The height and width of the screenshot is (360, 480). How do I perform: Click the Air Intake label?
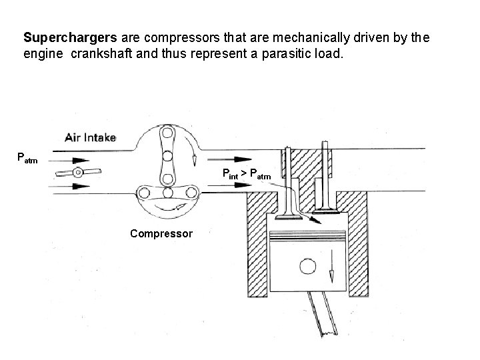pos(90,138)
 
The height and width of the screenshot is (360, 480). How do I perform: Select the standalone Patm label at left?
pos(27,159)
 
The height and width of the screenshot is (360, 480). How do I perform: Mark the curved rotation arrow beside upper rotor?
pos(191,150)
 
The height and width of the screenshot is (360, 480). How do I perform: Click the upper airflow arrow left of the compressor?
pos(73,160)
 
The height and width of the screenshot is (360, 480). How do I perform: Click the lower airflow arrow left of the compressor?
pos(73,186)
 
